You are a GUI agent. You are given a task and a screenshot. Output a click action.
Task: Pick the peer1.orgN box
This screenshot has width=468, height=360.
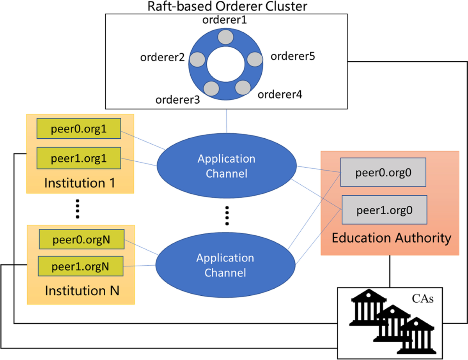coord(81,266)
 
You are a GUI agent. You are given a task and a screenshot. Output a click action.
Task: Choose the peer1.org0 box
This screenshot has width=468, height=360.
coord(384,210)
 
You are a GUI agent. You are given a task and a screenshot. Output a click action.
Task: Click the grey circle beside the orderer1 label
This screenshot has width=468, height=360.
coord(225,37)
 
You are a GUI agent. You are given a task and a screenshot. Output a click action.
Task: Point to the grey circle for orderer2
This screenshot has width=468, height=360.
coord(197,60)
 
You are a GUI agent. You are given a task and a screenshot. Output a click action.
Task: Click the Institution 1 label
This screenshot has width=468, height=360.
coord(80,182)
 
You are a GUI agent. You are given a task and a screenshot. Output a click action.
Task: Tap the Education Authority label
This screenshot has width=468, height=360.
coord(391,238)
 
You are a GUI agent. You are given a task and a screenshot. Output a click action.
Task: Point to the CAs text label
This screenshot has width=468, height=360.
coord(423,299)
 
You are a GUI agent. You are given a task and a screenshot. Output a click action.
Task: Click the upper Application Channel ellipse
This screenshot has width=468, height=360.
coord(226,165)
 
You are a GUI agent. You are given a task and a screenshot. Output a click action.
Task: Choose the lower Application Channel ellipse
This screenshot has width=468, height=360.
coord(225,265)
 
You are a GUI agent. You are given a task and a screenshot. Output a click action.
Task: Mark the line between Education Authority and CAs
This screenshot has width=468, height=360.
coord(390,271)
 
